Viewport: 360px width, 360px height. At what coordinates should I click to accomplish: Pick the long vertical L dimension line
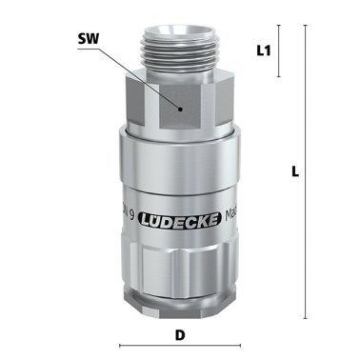(305, 172)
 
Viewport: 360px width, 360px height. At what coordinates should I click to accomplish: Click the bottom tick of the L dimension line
(305, 319)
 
